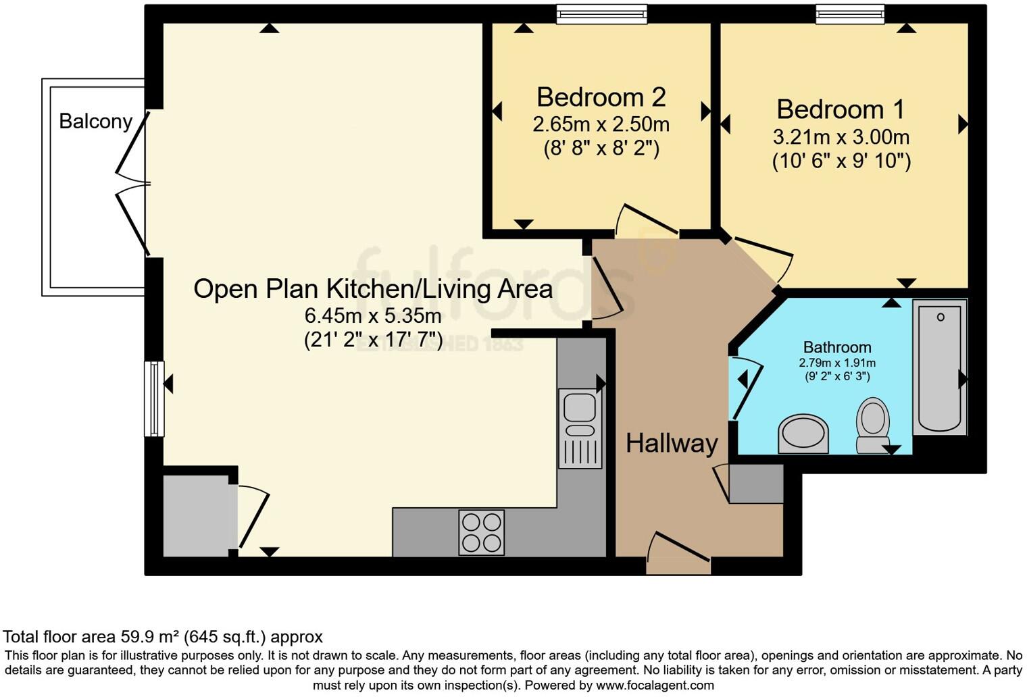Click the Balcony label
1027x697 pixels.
[x=95, y=122]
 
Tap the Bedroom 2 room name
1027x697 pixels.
[x=601, y=97]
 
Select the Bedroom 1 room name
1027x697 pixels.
[x=840, y=109]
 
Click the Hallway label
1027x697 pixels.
[x=671, y=444]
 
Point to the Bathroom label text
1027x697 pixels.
[x=836, y=347]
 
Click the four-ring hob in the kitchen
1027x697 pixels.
[x=481, y=532]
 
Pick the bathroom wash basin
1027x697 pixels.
[x=803, y=434]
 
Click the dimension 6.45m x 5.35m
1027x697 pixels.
[x=373, y=315]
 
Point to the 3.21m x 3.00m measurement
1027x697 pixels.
[x=841, y=137]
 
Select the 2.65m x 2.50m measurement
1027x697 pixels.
[x=601, y=124]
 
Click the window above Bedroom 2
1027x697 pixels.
[x=601, y=14]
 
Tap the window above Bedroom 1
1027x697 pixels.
[x=849, y=14]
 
